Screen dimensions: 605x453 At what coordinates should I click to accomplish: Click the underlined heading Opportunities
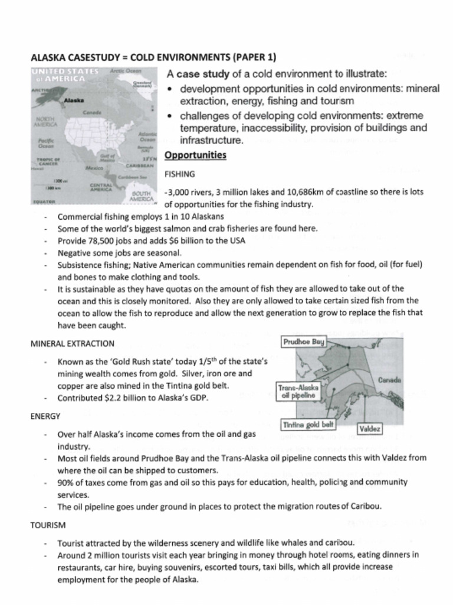195,155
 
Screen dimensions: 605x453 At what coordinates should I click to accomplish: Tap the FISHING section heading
179,174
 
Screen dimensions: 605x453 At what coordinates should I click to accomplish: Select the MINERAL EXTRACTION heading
72,343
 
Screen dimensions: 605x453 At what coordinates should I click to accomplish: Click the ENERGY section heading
45,416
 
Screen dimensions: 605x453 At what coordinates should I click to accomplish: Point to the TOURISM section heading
48,525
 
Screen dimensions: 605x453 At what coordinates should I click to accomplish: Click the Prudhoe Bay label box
303,342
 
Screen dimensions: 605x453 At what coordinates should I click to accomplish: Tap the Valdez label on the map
370,428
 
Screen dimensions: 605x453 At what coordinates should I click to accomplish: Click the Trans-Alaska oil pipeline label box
298,391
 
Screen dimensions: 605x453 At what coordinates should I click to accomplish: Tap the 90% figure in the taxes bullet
66,482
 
